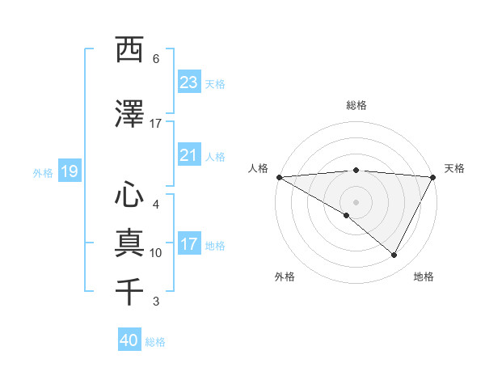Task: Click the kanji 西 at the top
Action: click(129, 49)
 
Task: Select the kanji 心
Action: click(129, 194)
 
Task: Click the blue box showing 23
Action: click(189, 82)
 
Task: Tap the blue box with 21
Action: click(189, 155)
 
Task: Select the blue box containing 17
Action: click(189, 244)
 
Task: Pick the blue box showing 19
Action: click(69, 171)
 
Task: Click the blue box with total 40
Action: click(129, 340)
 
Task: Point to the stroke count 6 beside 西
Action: click(156, 59)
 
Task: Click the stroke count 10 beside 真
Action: click(156, 253)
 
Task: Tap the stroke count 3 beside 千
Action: click(156, 302)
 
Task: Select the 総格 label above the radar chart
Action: click(356, 105)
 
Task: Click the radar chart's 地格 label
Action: click(424, 277)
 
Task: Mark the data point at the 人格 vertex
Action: click(279, 176)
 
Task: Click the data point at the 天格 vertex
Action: click(432, 176)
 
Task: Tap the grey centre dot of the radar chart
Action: click(356, 201)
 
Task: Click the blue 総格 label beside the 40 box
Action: click(155, 342)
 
